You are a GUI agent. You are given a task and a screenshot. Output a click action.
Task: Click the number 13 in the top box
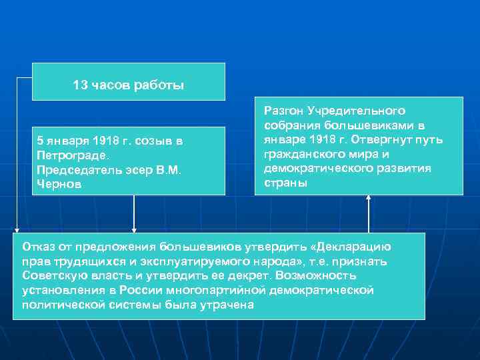79,86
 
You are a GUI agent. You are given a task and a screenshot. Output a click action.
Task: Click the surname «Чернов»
59,185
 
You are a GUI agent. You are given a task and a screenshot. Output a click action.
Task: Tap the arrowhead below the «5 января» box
135,229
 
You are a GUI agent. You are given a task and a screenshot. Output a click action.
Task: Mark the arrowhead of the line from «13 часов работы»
17,229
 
